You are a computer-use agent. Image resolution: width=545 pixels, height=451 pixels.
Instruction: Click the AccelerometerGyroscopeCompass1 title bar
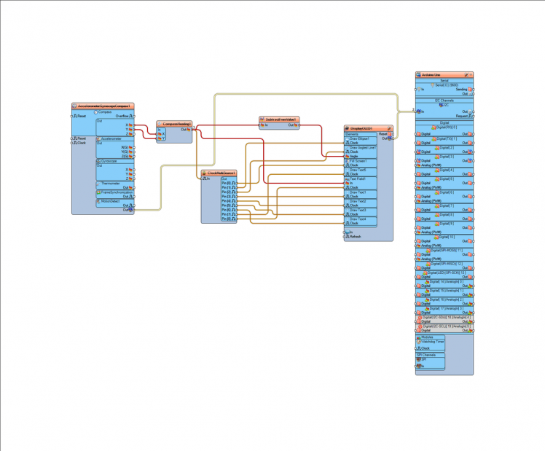coord(103,106)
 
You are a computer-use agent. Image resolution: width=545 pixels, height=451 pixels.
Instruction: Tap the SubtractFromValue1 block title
coord(278,119)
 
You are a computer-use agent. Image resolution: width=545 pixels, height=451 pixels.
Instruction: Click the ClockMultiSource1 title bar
coord(219,173)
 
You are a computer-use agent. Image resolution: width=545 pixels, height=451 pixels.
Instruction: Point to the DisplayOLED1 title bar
coord(367,128)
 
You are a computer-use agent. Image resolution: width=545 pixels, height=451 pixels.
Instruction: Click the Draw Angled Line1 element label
coord(362,147)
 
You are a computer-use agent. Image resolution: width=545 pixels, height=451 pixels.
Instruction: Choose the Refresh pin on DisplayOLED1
coord(355,237)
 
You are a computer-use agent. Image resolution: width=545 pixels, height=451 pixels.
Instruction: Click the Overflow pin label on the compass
coord(122,116)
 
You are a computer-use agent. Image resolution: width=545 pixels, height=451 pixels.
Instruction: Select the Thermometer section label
coord(110,184)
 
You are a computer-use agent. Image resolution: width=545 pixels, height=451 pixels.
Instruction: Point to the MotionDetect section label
coord(111,201)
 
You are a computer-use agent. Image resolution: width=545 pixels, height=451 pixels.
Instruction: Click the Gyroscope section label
coord(109,161)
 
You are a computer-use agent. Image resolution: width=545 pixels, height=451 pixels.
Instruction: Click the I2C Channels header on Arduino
coord(444,101)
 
